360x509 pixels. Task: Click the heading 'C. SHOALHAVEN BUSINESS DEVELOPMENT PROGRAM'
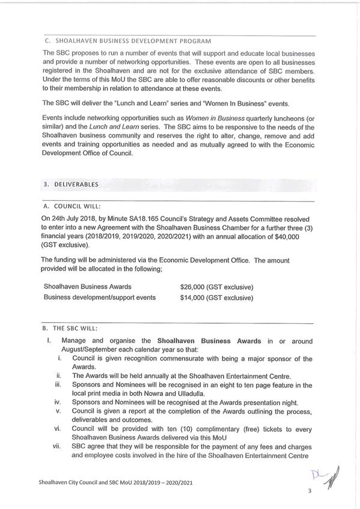(x=127, y=41)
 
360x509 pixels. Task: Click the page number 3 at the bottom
(x=310, y=491)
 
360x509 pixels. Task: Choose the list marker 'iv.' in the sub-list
(x=58, y=402)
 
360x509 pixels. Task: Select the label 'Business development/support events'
(x=100, y=297)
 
